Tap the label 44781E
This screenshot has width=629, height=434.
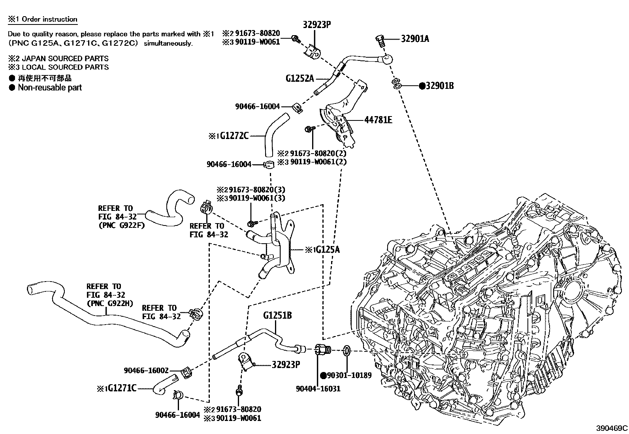click(x=378, y=120)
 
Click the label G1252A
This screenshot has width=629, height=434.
click(x=299, y=78)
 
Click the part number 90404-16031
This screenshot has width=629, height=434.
click(x=318, y=389)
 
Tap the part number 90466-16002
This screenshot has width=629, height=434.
click(x=146, y=370)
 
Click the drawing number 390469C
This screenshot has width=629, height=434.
click(x=612, y=428)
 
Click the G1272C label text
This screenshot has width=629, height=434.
click(x=234, y=136)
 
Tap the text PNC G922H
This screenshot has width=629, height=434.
click(x=109, y=304)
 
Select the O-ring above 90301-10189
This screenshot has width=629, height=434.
click(x=346, y=350)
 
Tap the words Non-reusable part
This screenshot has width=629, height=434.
click(x=49, y=88)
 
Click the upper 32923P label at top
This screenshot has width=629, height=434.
click(x=317, y=24)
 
